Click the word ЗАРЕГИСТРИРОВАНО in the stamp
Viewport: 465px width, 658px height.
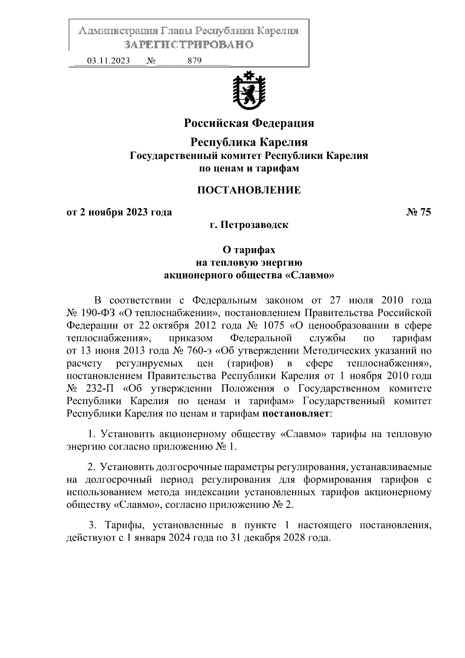189,45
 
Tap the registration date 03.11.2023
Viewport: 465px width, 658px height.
108,61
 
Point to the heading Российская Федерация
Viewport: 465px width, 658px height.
249,123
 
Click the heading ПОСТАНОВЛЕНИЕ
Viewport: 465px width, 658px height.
249,190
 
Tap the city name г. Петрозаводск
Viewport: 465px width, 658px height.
249,225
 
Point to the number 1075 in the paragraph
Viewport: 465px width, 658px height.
274,325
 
